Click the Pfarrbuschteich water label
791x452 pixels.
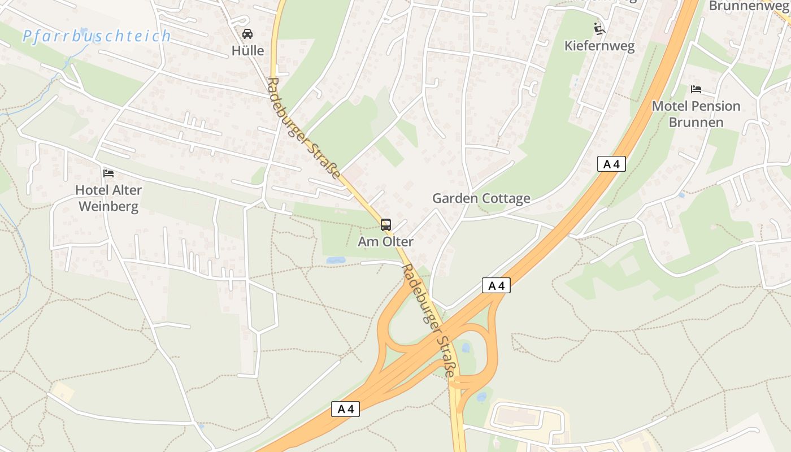coord(96,36)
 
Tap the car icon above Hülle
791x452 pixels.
coord(247,34)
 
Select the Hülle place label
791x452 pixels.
coord(247,51)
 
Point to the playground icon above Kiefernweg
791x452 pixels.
coord(599,28)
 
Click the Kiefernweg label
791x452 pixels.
coord(599,46)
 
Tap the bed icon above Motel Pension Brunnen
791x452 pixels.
coord(696,89)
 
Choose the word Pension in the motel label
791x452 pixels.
coord(716,106)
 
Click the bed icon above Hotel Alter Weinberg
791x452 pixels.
coord(108,173)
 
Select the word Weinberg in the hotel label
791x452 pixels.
coord(108,207)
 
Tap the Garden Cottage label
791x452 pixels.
coord(481,198)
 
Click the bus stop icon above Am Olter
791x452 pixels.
coord(386,225)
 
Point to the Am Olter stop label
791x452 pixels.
coord(386,242)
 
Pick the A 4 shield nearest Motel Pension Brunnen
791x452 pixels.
coord(611,164)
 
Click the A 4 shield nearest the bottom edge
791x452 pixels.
coord(345,409)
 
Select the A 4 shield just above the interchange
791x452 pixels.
coord(496,286)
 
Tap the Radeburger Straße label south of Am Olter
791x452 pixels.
coord(428,319)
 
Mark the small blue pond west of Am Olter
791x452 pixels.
coord(336,260)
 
